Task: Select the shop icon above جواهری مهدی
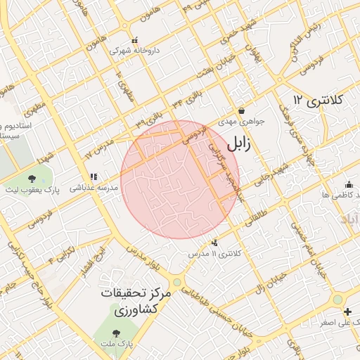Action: click(x=242, y=110)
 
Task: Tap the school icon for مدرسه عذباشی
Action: click(x=93, y=177)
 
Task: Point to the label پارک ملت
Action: click(x=116, y=346)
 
